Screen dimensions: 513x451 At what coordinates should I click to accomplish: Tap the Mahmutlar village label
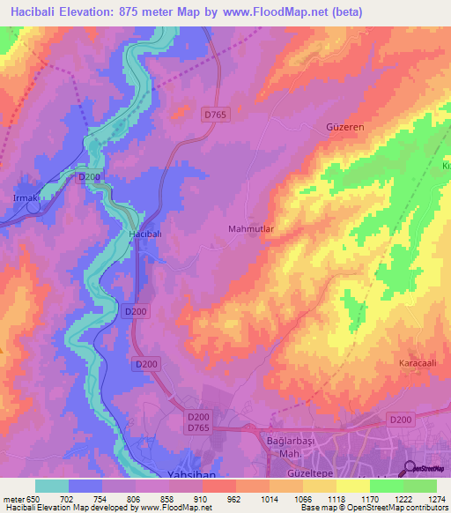(x=252, y=229)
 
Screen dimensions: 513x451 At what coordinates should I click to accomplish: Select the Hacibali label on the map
(x=144, y=234)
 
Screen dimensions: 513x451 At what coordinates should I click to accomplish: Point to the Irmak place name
(x=26, y=198)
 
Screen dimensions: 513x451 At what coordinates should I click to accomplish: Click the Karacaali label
(x=396, y=364)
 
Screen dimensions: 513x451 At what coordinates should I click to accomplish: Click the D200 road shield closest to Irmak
(x=88, y=177)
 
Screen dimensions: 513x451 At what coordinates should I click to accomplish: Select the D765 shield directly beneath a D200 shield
(x=198, y=427)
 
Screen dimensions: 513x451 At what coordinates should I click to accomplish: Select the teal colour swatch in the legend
(x=52, y=486)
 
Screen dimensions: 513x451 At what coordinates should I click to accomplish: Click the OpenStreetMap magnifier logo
(x=410, y=469)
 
